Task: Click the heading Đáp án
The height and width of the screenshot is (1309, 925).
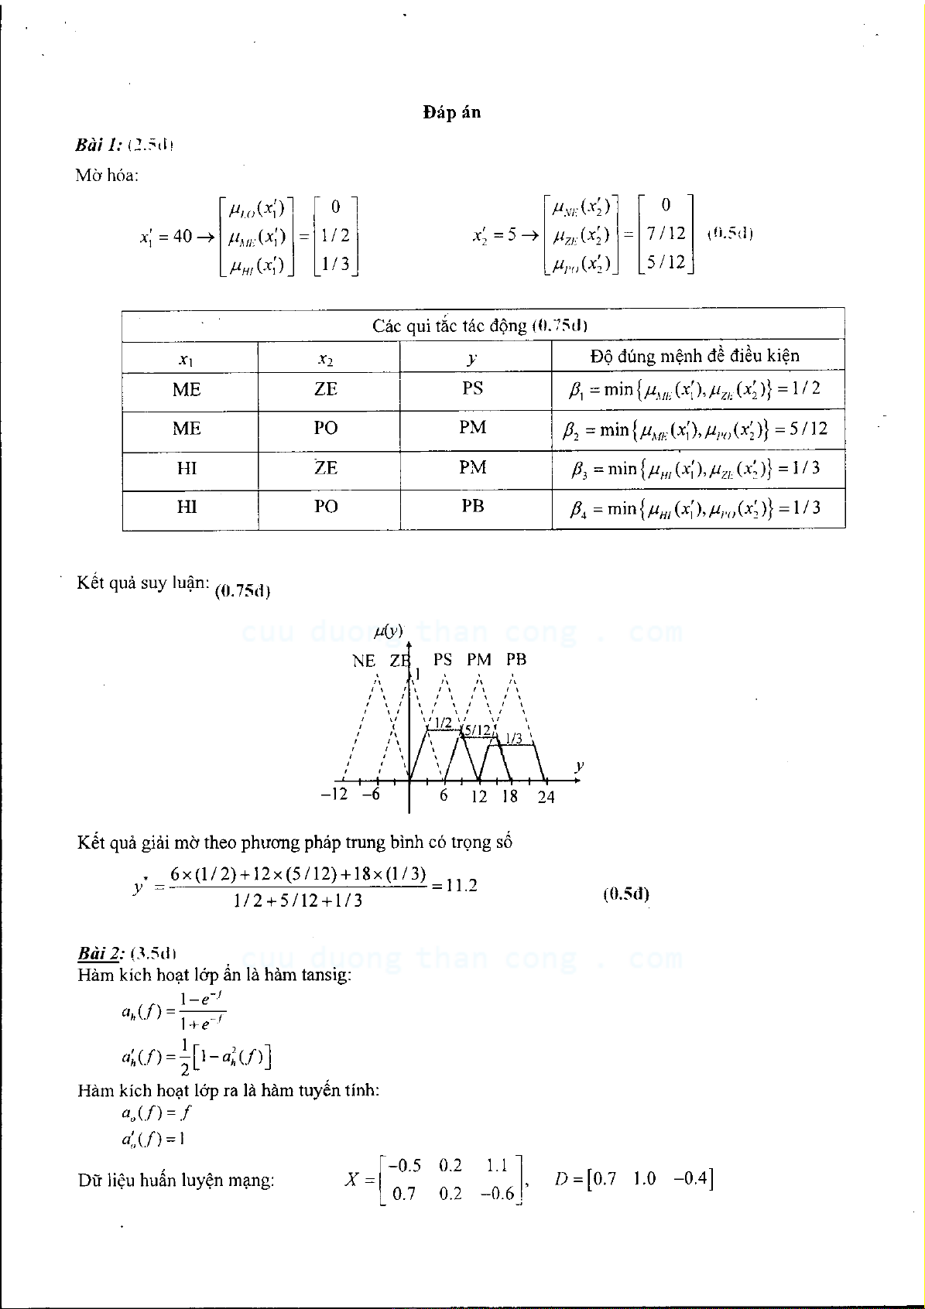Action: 451,113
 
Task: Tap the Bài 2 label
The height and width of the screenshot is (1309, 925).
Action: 101,952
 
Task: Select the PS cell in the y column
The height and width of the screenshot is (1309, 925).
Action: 472,388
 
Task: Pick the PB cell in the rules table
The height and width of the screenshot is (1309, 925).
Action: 472,506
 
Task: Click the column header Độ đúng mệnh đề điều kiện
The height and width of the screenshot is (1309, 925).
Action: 694,356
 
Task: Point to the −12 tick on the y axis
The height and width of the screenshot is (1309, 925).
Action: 334,795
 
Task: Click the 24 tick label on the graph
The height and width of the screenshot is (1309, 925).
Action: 546,797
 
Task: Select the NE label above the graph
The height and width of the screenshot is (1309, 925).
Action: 364,661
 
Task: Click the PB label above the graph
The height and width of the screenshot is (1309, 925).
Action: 516,660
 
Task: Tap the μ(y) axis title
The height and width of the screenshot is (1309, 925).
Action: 388,631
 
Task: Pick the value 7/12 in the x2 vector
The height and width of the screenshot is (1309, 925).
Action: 666,233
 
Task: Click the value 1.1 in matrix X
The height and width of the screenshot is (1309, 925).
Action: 496,1166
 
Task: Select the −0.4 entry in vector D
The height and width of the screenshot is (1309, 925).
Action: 690,1178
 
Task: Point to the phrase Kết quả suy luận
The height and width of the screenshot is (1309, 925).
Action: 143,583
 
